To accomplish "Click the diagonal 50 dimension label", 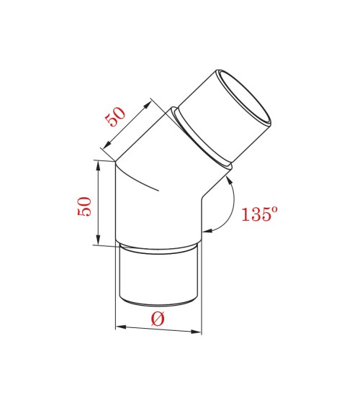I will click(x=116, y=116).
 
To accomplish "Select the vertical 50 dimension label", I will click(x=84, y=206).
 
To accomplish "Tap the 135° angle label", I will click(x=258, y=214).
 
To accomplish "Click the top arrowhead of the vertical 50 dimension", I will click(x=95, y=166).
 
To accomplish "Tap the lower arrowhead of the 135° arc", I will click(x=209, y=230).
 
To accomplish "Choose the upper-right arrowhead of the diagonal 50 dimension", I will click(x=148, y=104).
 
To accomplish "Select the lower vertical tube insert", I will click(x=159, y=277).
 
